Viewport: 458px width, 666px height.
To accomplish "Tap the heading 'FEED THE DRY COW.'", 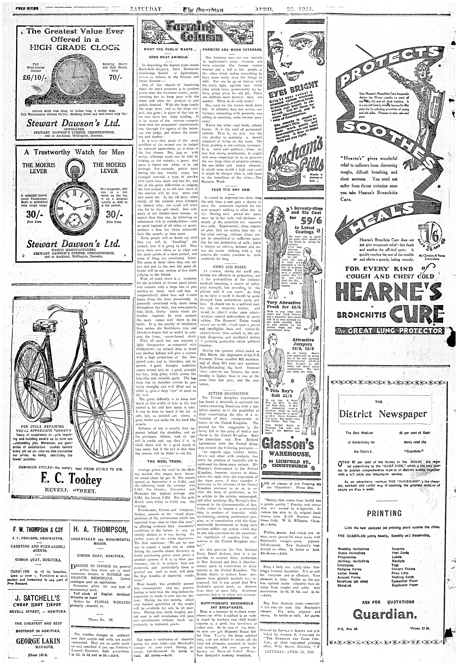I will click(231, 190).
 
